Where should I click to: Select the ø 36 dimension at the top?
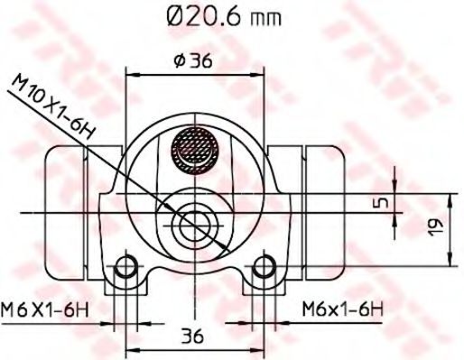click(193, 62)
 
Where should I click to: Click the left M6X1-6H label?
click(46, 309)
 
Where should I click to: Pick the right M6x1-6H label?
click(342, 309)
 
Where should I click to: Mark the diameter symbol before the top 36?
click(177, 62)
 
